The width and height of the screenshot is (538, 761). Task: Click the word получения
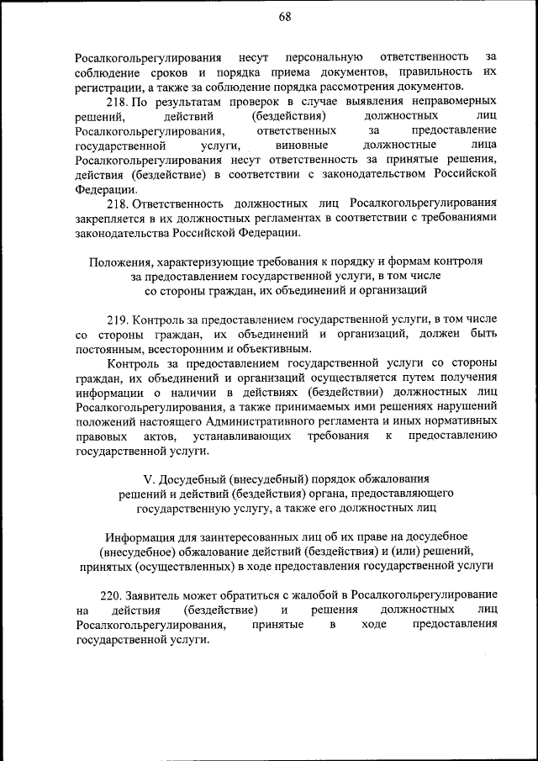(462, 378)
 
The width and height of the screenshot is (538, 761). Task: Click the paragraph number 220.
(112, 595)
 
